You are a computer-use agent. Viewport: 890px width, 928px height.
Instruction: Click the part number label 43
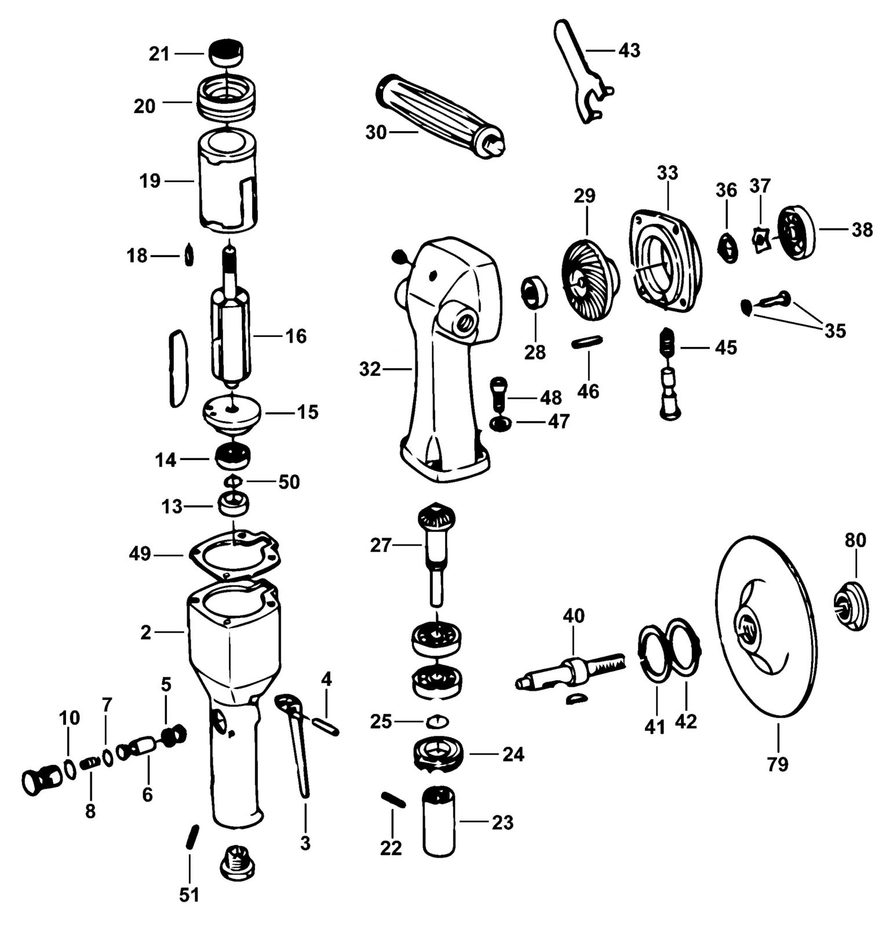point(629,50)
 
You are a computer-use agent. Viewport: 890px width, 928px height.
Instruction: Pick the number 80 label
point(855,540)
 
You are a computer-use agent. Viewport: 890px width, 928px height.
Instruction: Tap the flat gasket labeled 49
point(234,556)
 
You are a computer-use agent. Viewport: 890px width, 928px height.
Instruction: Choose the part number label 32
point(370,369)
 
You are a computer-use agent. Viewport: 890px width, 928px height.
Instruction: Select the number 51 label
point(189,895)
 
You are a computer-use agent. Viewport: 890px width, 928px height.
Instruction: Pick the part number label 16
point(296,336)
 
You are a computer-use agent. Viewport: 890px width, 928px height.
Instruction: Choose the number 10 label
point(68,717)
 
